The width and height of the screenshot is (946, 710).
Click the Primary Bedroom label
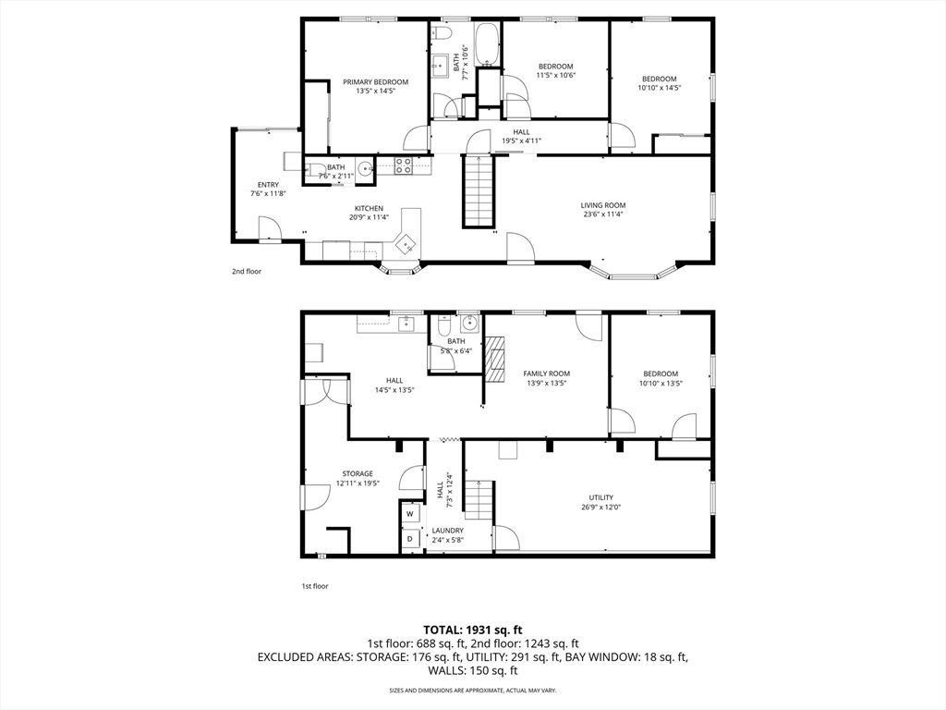(x=375, y=82)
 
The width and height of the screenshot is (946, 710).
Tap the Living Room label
(x=602, y=205)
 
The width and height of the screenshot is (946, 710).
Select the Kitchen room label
(x=369, y=209)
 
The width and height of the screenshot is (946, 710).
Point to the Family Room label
(x=547, y=373)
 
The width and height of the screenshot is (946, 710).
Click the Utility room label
(x=600, y=498)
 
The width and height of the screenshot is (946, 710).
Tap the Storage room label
(x=358, y=474)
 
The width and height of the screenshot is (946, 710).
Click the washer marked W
(x=410, y=514)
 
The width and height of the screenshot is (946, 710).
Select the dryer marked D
(x=410, y=539)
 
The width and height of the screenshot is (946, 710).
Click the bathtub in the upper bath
(x=487, y=44)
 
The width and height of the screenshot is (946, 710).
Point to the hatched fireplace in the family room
(x=495, y=360)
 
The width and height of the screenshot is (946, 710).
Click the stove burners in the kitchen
(x=403, y=165)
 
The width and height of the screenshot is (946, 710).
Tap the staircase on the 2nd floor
(x=479, y=190)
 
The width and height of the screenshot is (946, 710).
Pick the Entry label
(x=268, y=185)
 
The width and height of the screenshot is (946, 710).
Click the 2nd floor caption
(x=247, y=272)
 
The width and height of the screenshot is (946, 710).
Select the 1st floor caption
(x=315, y=585)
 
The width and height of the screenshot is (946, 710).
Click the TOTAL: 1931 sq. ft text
(x=472, y=630)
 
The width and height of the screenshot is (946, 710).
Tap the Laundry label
(x=448, y=531)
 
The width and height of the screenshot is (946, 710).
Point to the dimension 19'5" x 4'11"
(x=521, y=141)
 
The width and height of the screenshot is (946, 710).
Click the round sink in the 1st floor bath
(x=469, y=324)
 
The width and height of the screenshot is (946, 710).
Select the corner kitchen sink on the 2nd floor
(x=407, y=244)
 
